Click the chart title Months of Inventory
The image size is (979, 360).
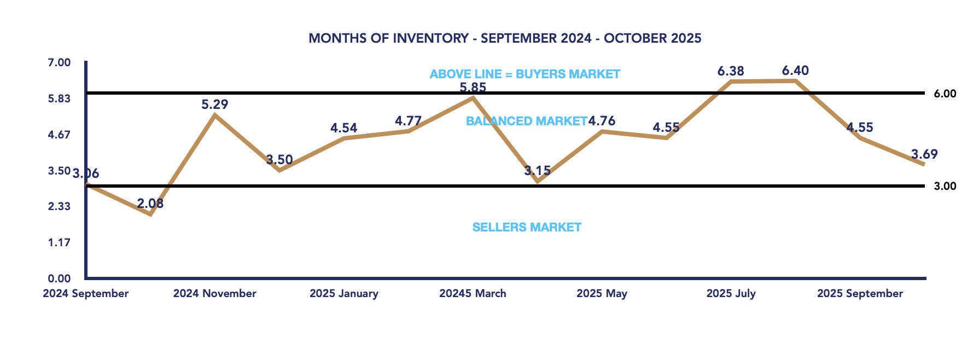pyautogui.click(x=504, y=38)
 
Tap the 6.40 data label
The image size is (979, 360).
pyautogui.click(x=795, y=71)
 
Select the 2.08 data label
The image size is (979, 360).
pyautogui.click(x=150, y=204)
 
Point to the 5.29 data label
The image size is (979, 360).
pyautogui.click(x=214, y=104)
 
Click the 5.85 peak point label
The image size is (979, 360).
pyautogui.click(x=473, y=88)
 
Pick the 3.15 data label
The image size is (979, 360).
pyautogui.click(x=537, y=171)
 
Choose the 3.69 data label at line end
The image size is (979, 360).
pyautogui.click(x=924, y=154)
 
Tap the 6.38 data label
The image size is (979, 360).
pyautogui.click(x=731, y=71)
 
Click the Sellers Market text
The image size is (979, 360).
pyautogui.click(x=527, y=227)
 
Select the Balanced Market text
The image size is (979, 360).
pyautogui.click(x=526, y=121)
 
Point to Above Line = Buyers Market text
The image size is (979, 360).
pyautogui.click(x=525, y=74)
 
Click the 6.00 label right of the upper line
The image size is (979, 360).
pyautogui.click(x=945, y=94)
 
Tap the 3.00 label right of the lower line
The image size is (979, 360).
pyautogui.click(x=945, y=186)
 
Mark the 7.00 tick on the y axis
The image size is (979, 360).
pyautogui.click(x=59, y=62)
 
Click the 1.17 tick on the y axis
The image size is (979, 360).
pyautogui.click(x=59, y=242)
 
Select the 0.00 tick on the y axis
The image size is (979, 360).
pyautogui.click(x=59, y=278)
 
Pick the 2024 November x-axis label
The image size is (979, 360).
pyautogui.click(x=214, y=293)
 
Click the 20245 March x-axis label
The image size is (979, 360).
pyautogui.click(x=473, y=293)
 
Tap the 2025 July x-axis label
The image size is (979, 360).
pyautogui.click(x=731, y=293)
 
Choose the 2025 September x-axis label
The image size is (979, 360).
pyautogui.click(x=860, y=293)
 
